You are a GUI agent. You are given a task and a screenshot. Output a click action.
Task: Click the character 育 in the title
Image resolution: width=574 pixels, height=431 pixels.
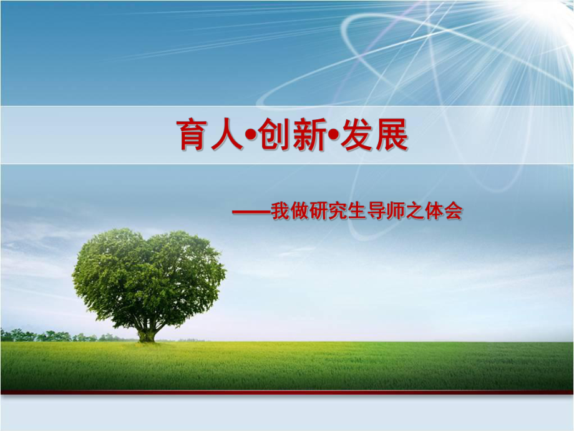[193, 136]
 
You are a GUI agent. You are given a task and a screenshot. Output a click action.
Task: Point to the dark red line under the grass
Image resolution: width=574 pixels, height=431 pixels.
[287, 393]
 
